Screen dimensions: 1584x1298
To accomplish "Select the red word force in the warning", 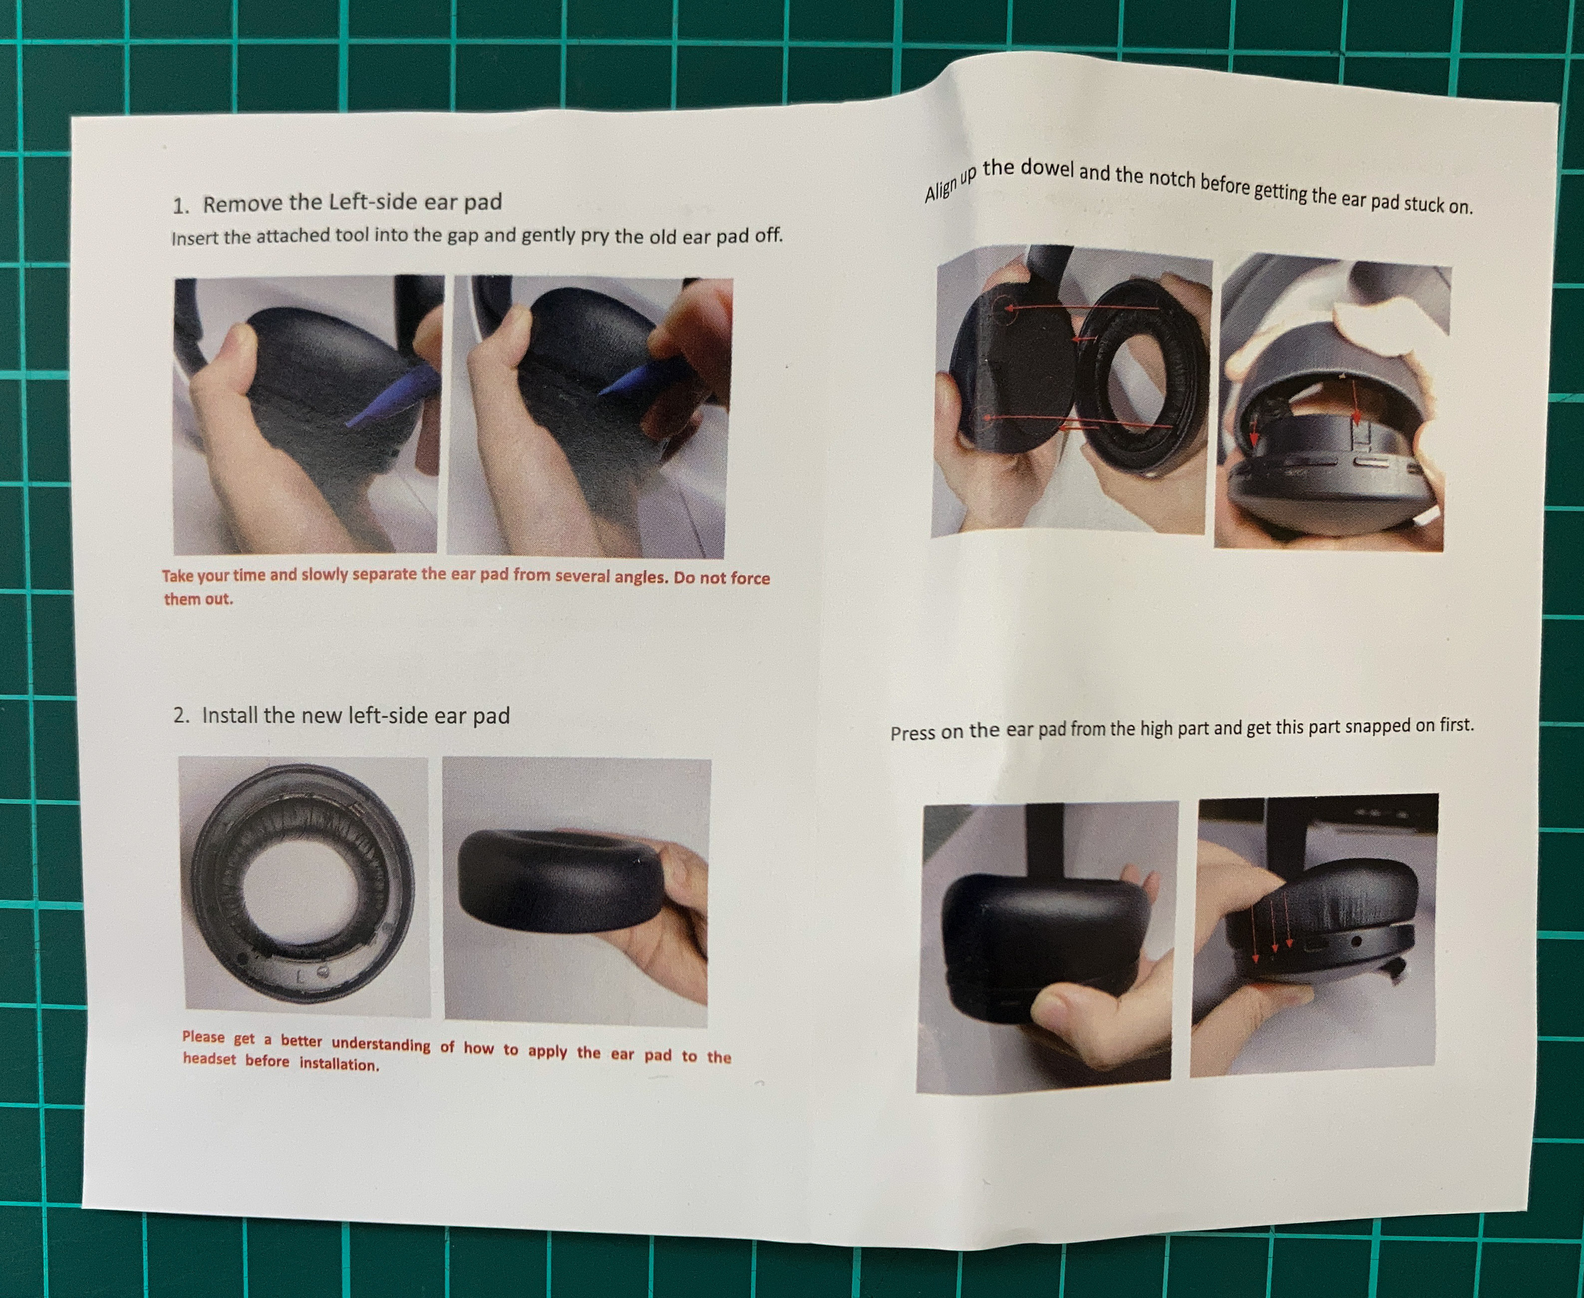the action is [x=750, y=578].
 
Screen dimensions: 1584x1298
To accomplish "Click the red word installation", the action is [x=339, y=1064].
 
